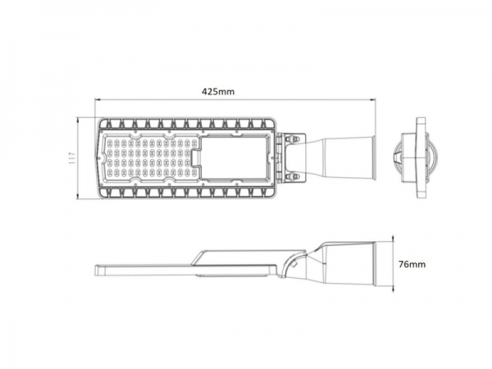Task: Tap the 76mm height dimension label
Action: coord(412,264)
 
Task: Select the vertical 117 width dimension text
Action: coord(73,158)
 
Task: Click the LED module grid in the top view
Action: coord(148,157)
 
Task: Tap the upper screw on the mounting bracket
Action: coord(290,140)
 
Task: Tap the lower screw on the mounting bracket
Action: coord(290,175)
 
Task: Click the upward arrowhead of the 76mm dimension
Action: coord(394,239)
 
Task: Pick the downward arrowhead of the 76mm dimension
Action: coord(394,288)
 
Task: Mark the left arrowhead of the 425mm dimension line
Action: coord(96,101)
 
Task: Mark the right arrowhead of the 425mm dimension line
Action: coord(375,101)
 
